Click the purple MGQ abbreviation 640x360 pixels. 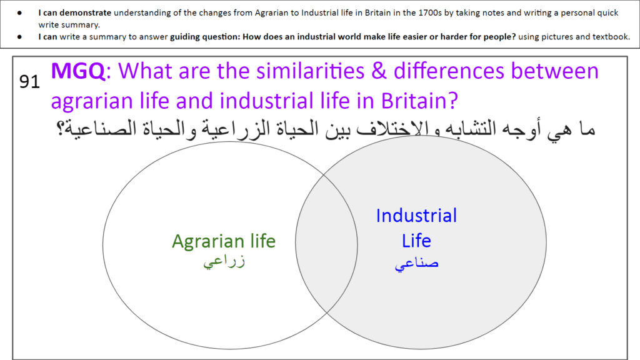pos(78,71)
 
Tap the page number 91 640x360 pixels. pos(29,82)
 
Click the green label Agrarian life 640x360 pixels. pos(224,241)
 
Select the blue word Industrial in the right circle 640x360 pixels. pos(416,216)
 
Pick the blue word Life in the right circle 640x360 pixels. pos(416,241)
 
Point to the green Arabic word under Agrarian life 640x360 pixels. pos(224,261)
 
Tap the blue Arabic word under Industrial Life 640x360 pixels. pos(416,264)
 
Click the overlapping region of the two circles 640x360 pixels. pos(326,244)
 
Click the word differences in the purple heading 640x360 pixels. pos(449,71)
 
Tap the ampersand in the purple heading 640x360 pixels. pos(379,71)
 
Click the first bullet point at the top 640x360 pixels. pos(19,13)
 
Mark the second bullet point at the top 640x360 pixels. pos(19,37)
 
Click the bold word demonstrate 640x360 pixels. pos(85,12)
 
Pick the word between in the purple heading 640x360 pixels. pos(555,71)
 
